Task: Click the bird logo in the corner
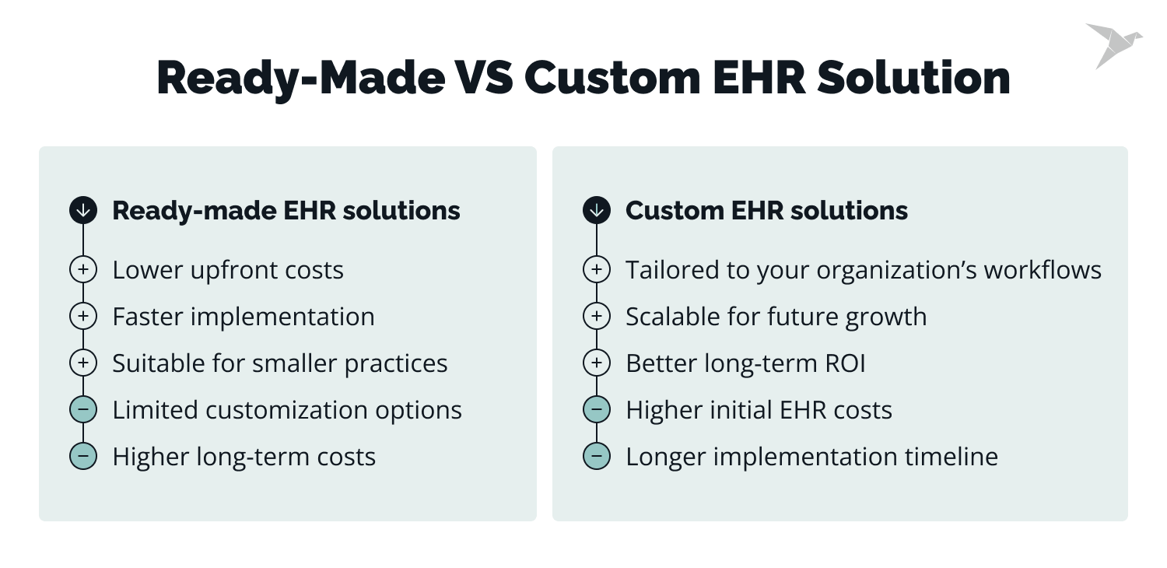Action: coord(1113,45)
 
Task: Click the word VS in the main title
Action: coord(482,78)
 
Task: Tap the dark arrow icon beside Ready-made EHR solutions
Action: coord(83,210)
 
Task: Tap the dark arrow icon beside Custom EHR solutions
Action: coord(597,210)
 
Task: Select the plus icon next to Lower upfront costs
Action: coord(83,270)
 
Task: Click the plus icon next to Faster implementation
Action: coord(83,317)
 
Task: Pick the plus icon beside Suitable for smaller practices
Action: coord(83,363)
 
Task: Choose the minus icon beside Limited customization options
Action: coord(83,410)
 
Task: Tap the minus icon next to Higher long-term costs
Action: coord(83,457)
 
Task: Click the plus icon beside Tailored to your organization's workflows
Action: coord(597,270)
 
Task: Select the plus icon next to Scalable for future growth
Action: coord(597,317)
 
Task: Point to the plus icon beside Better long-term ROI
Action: coord(597,363)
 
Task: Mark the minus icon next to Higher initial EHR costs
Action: coord(597,410)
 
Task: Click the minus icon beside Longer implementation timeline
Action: coord(597,457)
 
